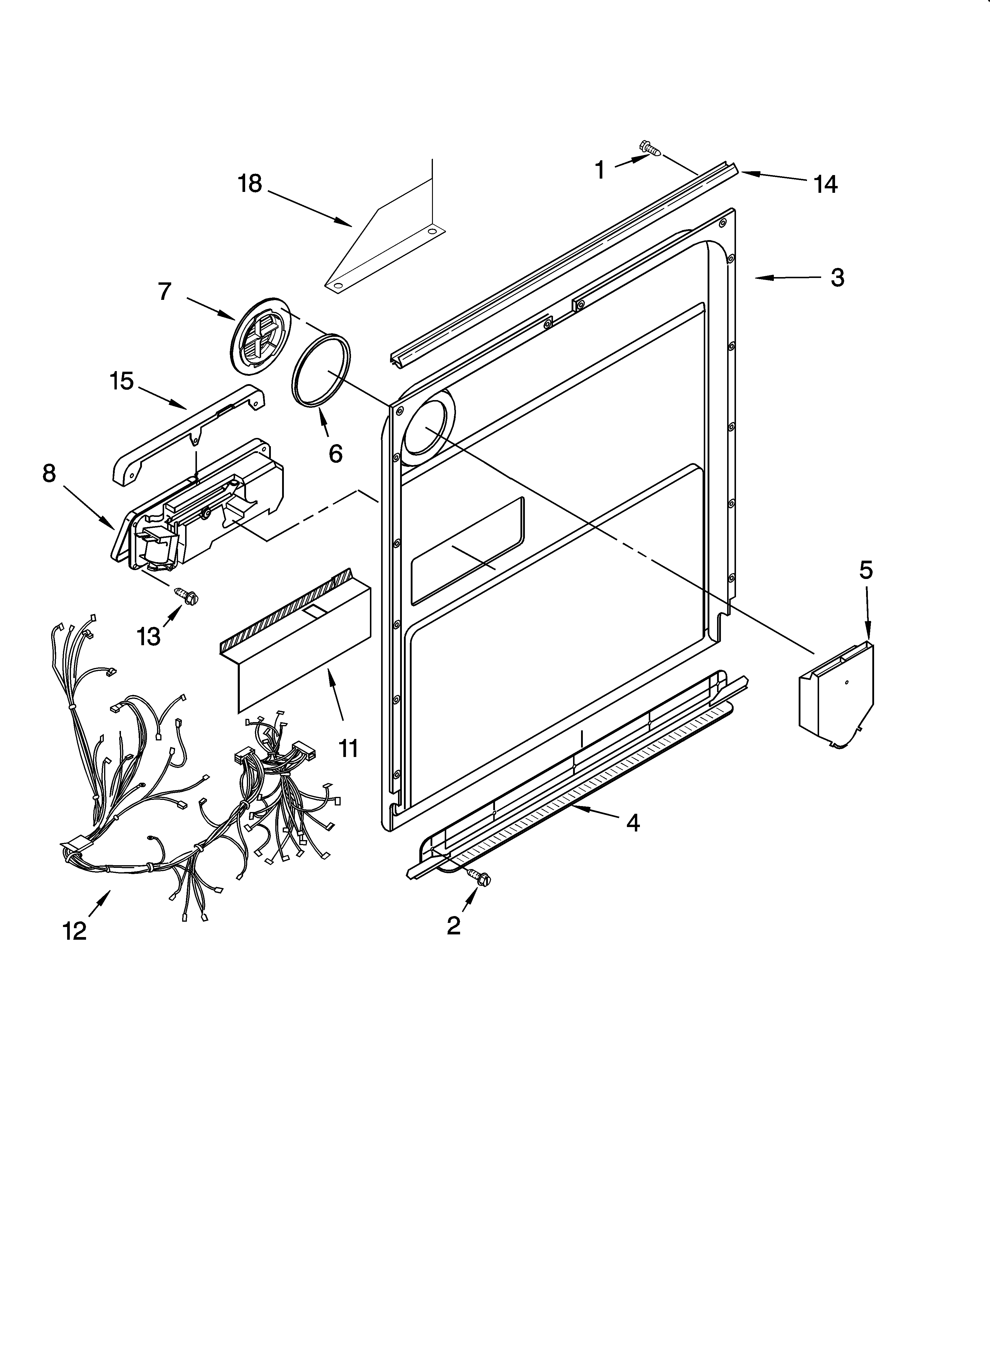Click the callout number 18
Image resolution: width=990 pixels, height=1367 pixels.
coord(250,183)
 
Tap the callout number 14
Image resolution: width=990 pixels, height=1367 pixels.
coord(825,185)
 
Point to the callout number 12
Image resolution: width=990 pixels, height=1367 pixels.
coord(75,931)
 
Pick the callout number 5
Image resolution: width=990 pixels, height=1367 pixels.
coord(866,570)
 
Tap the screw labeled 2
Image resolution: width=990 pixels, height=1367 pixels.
coord(482,879)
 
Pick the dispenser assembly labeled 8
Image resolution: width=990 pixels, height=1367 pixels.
coord(199,506)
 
